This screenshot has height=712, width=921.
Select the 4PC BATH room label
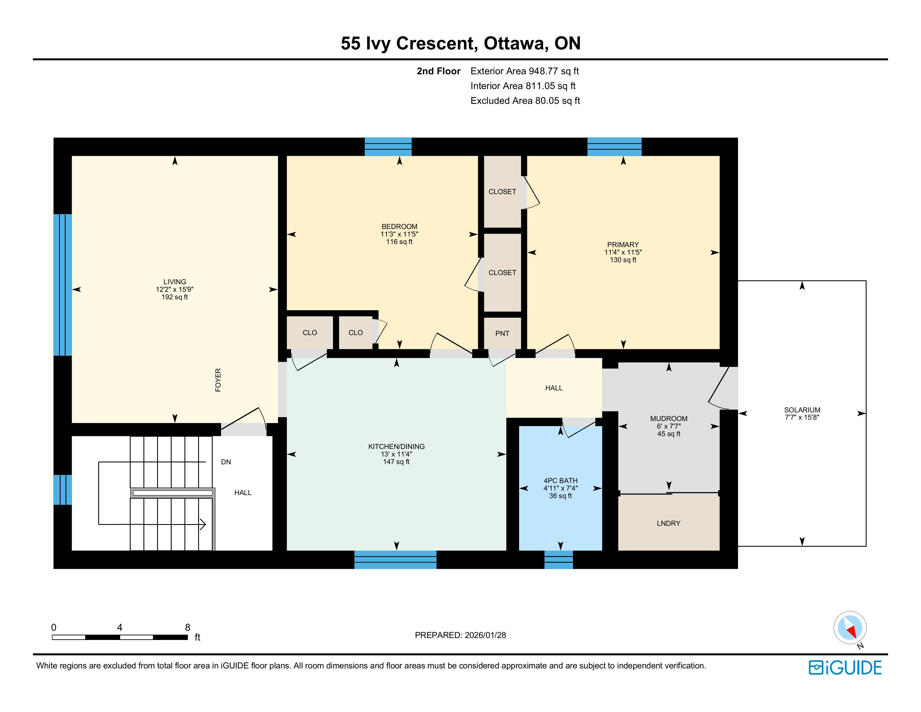click(560, 481)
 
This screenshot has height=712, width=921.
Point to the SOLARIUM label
click(802, 410)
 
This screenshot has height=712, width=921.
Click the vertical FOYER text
click(218, 380)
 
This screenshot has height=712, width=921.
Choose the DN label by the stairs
click(226, 462)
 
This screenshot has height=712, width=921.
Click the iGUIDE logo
click(845, 668)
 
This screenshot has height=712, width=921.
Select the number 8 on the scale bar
click(188, 627)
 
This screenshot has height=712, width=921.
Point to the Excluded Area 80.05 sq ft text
click(525, 101)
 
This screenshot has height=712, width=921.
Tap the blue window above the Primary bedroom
click(615, 147)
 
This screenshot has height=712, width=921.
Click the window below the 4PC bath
click(559, 560)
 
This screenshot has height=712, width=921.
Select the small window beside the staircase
click(63, 490)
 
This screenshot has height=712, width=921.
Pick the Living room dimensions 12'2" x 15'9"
click(175, 289)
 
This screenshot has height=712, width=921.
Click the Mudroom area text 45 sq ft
click(669, 434)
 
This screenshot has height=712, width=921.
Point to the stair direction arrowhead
click(203, 524)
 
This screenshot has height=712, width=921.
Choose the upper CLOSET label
click(502, 192)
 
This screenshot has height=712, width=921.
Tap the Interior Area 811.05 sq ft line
click(523, 86)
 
